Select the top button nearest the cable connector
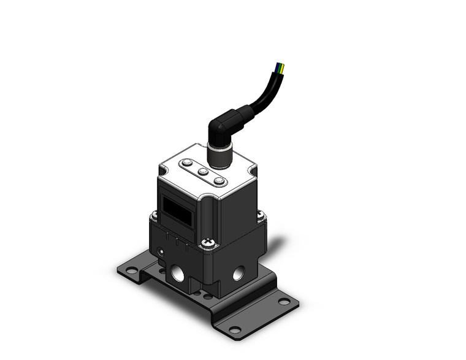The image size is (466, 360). coord(218,182)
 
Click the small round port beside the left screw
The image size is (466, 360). coord(161,252)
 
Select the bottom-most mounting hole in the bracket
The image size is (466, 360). coord(233,329)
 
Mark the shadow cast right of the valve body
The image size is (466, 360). coord(276,251)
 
